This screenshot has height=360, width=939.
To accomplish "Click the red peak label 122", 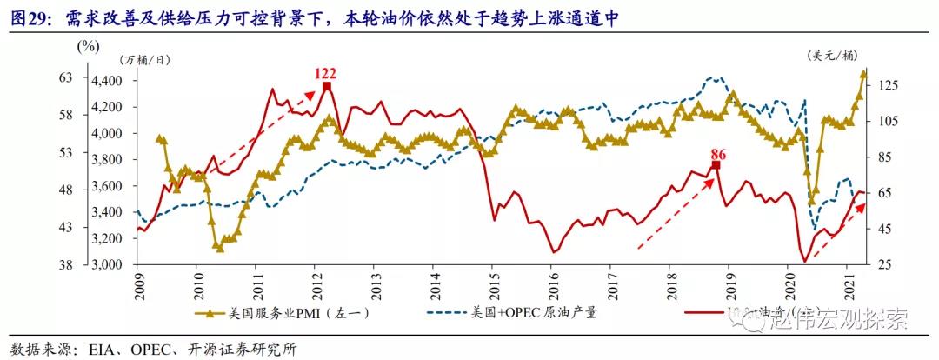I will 325,73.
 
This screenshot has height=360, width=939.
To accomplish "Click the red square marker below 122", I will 326,86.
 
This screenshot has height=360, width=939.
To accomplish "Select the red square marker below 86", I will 716,165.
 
